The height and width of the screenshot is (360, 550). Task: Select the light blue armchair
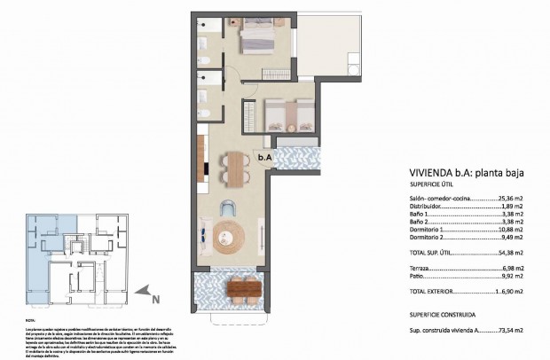229,208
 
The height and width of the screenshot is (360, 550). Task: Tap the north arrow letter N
156,299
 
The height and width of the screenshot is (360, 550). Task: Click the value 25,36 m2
508,200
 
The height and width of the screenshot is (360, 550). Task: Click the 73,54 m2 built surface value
507,329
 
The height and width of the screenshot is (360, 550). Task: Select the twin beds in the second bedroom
287,114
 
